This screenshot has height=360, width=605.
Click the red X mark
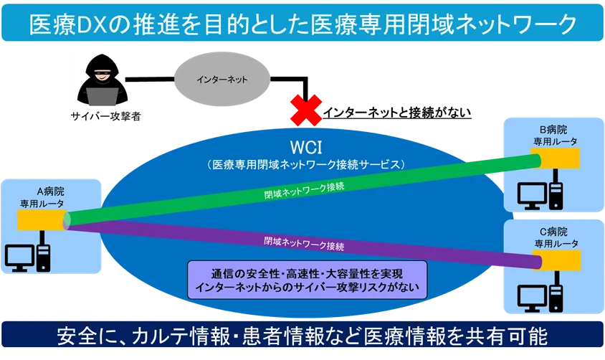(x=305, y=109)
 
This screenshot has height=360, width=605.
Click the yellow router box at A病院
(x=42, y=222)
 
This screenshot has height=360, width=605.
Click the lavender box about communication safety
(x=307, y=280)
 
